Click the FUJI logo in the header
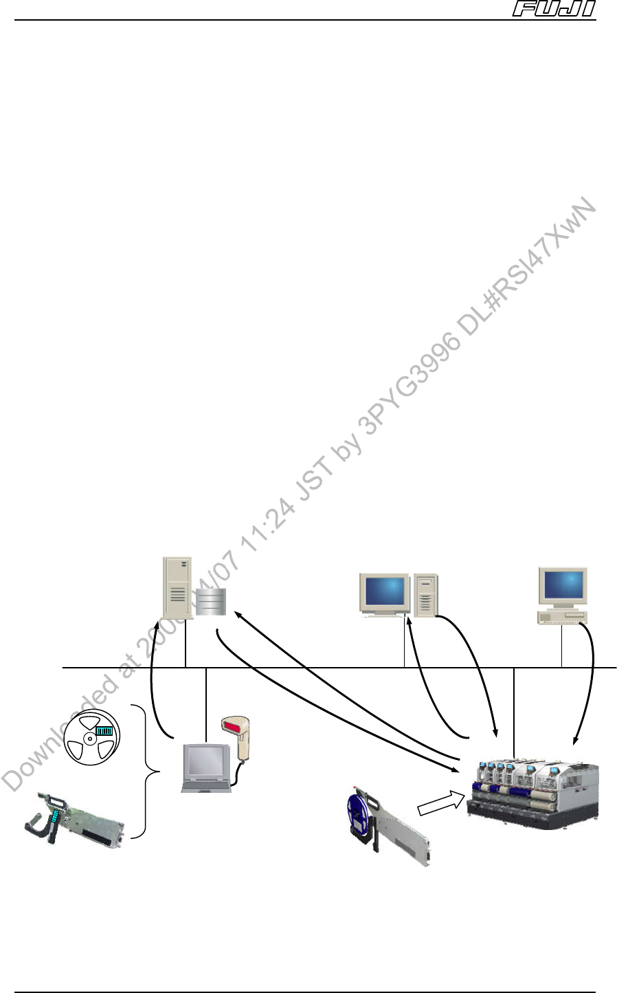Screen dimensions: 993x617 point(554,10)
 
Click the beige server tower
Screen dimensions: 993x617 point(177,587)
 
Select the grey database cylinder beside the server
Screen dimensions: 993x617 point(210,602)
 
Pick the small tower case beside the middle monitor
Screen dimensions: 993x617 point(425,594)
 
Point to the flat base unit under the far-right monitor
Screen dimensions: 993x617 point(562,617)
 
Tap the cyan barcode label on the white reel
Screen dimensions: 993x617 point(104,730)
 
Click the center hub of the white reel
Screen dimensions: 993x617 point(90,740)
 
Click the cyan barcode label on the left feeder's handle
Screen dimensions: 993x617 point(56,818)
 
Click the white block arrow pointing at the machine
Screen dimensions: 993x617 point(438,803)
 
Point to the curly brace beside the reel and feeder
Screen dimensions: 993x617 point(143,771)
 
